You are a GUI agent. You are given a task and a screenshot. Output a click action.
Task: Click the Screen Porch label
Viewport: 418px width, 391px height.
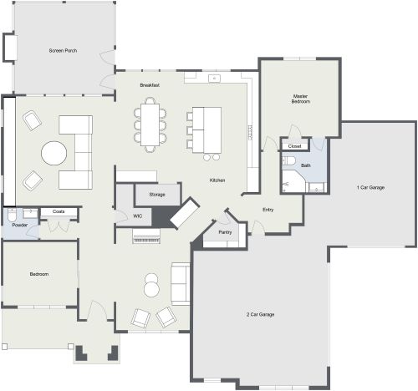point(64,52)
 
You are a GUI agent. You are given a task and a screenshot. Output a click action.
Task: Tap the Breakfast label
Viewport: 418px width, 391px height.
point(150,85)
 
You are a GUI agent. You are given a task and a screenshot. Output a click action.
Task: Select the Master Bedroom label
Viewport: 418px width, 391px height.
point(301,98)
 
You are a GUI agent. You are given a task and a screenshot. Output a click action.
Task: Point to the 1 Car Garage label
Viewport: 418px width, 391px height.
point(370,187)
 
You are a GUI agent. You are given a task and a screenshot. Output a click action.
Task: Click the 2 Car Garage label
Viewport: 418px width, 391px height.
point(261,314)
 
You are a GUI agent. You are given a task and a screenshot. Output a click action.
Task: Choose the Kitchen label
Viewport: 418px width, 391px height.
point(217,180)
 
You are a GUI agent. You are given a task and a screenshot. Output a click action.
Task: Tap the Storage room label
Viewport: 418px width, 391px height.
point(157,194)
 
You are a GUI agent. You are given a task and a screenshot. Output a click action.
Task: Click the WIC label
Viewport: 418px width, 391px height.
point(138,216)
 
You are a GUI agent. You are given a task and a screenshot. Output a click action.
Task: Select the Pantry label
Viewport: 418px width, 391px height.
point(225,232)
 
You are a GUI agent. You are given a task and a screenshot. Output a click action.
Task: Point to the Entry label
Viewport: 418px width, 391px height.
point(268,210)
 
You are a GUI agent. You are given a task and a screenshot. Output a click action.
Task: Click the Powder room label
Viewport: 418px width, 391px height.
point(19,226)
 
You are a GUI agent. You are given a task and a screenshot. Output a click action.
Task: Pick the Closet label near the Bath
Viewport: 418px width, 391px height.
point(293,146)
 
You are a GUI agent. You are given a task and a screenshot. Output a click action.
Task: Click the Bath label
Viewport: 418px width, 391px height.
point(306,165)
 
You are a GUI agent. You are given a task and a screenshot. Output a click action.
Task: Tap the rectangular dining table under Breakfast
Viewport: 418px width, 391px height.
point(150,123)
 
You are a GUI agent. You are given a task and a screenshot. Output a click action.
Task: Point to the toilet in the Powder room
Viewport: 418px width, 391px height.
point(12,216)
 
